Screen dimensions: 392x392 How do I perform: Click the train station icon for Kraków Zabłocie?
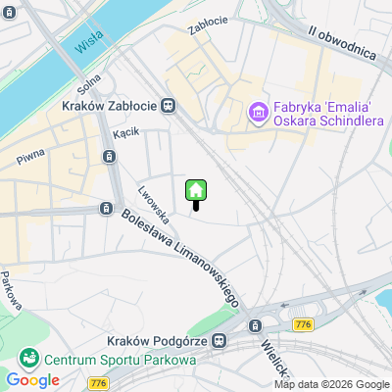(x=170, y=105)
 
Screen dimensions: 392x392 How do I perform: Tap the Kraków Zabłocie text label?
(x=110, y=105)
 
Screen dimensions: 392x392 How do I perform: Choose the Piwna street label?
(x=29, y=157)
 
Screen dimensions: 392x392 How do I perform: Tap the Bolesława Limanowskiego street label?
(x=180, y=256)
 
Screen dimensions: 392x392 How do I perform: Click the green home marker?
(x=195, y=190)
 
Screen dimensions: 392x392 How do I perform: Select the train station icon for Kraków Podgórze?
(x=220, y=339)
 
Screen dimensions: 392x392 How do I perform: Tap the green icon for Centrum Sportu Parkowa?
(x=29, y=357)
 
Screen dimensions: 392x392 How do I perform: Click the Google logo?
(x=32, y=380)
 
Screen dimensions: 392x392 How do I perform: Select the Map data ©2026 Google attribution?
(x=331, y=384)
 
